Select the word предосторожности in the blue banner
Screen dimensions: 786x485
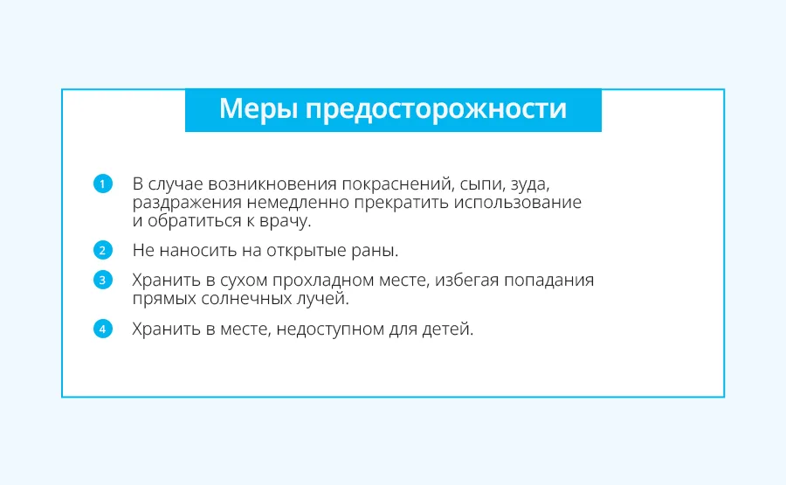click(x=436, y=110)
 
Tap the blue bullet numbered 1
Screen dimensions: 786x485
click(x=103, y=184)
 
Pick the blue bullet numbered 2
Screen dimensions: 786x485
click(x=103, y=250)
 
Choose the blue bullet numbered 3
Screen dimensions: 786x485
click(x=103, y=280)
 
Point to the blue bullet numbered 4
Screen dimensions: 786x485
click(x=103, y=329)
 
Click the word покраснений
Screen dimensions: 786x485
click(x=398, y=184)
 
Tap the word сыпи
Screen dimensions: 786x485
click(x=481, y=185)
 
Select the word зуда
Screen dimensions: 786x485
click(x=530, y=184)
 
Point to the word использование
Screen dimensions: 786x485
click(x=518, y=203)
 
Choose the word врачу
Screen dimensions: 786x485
click(x=286, y=221)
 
